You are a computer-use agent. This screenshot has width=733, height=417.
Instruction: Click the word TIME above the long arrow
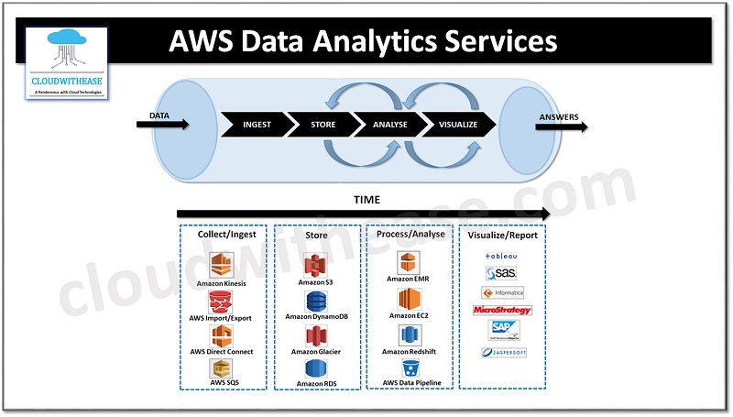coord(366,199)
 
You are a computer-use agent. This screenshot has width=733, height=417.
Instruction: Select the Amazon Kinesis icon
coord(222,265)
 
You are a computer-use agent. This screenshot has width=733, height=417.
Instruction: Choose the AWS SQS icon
coord(221,368)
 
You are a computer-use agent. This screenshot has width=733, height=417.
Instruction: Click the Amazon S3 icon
coord(315,265)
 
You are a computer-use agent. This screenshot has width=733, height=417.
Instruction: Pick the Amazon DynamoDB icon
coord(316,302)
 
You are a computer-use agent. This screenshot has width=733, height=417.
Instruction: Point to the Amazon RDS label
coord(316,384)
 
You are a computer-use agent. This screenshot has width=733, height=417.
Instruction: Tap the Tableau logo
coord(501,256)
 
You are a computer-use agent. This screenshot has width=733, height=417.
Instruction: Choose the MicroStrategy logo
coord(501,311)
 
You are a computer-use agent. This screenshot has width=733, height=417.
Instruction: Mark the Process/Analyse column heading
coord(410,235)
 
